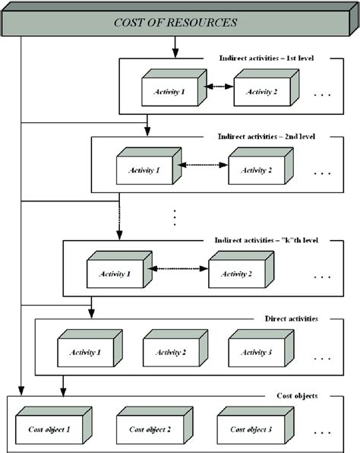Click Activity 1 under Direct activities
point(84,352)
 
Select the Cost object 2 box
point(144,429)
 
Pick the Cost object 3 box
point(245,429)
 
